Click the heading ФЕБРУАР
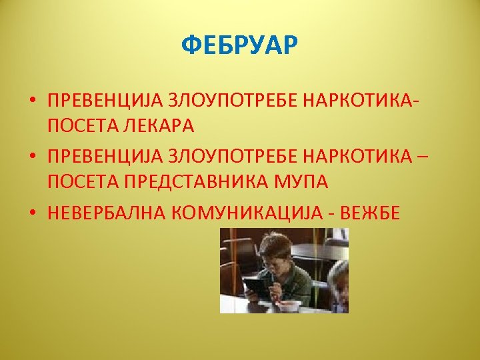pyautogui.click(x=240, y=47)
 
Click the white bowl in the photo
pyautogui.click(x=290, y=305)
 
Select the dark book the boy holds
pyautogui.click(x=254, y=287)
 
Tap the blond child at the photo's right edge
pyautogui.click(x=339, y=283)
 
